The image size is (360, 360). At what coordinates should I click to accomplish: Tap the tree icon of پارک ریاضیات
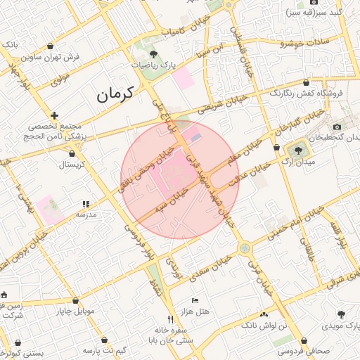point(153,54)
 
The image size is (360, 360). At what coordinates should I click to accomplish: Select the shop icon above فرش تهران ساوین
point(51,46)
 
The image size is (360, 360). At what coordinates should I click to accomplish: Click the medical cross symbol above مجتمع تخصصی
point(54,115)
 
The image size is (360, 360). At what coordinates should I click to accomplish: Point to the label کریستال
point(70,165)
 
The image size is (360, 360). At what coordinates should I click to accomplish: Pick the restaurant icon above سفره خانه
point(169,320)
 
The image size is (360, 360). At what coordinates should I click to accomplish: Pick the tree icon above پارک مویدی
point(341,315)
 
